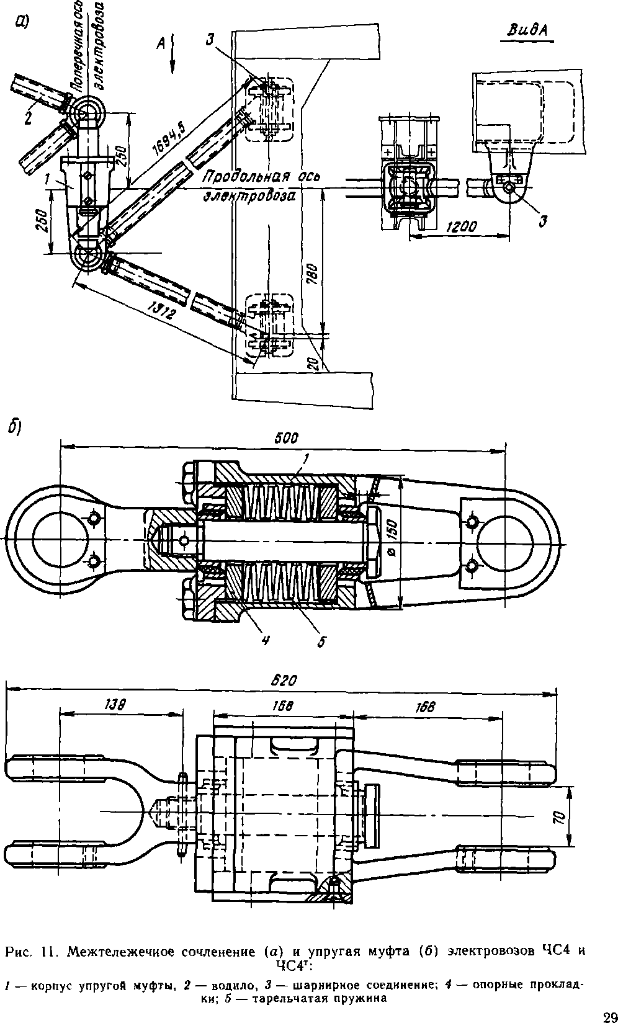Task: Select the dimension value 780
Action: (x=314, y=272)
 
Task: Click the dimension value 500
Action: (x=287, y=439)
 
